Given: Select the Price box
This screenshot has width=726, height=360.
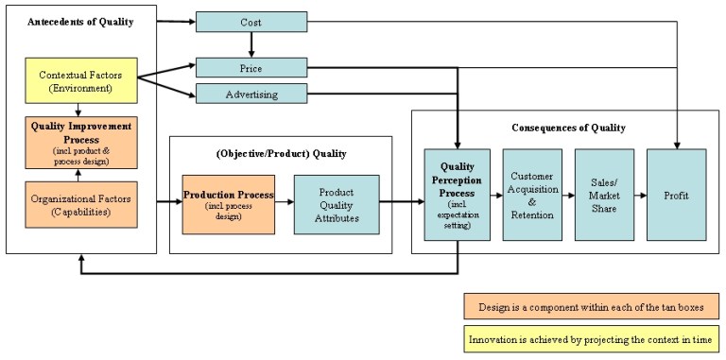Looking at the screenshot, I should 251,68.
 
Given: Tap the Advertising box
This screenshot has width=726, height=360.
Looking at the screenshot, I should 251,93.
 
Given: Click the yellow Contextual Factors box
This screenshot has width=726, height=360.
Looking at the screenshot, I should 80,81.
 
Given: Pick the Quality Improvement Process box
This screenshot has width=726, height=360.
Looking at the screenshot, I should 80,141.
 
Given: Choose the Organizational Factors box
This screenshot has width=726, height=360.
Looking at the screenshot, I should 80,204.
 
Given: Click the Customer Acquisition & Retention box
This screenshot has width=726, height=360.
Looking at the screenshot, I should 531,195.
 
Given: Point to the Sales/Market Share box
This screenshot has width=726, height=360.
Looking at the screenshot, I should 604,195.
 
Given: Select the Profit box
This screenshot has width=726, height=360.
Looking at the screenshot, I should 676,195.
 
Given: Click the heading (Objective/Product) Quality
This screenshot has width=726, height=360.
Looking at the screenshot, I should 280,153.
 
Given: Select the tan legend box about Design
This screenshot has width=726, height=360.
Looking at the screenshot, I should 592,308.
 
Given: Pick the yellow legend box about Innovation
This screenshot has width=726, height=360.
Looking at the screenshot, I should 592,337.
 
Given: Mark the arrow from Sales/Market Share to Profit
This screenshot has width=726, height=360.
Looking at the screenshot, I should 640,195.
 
